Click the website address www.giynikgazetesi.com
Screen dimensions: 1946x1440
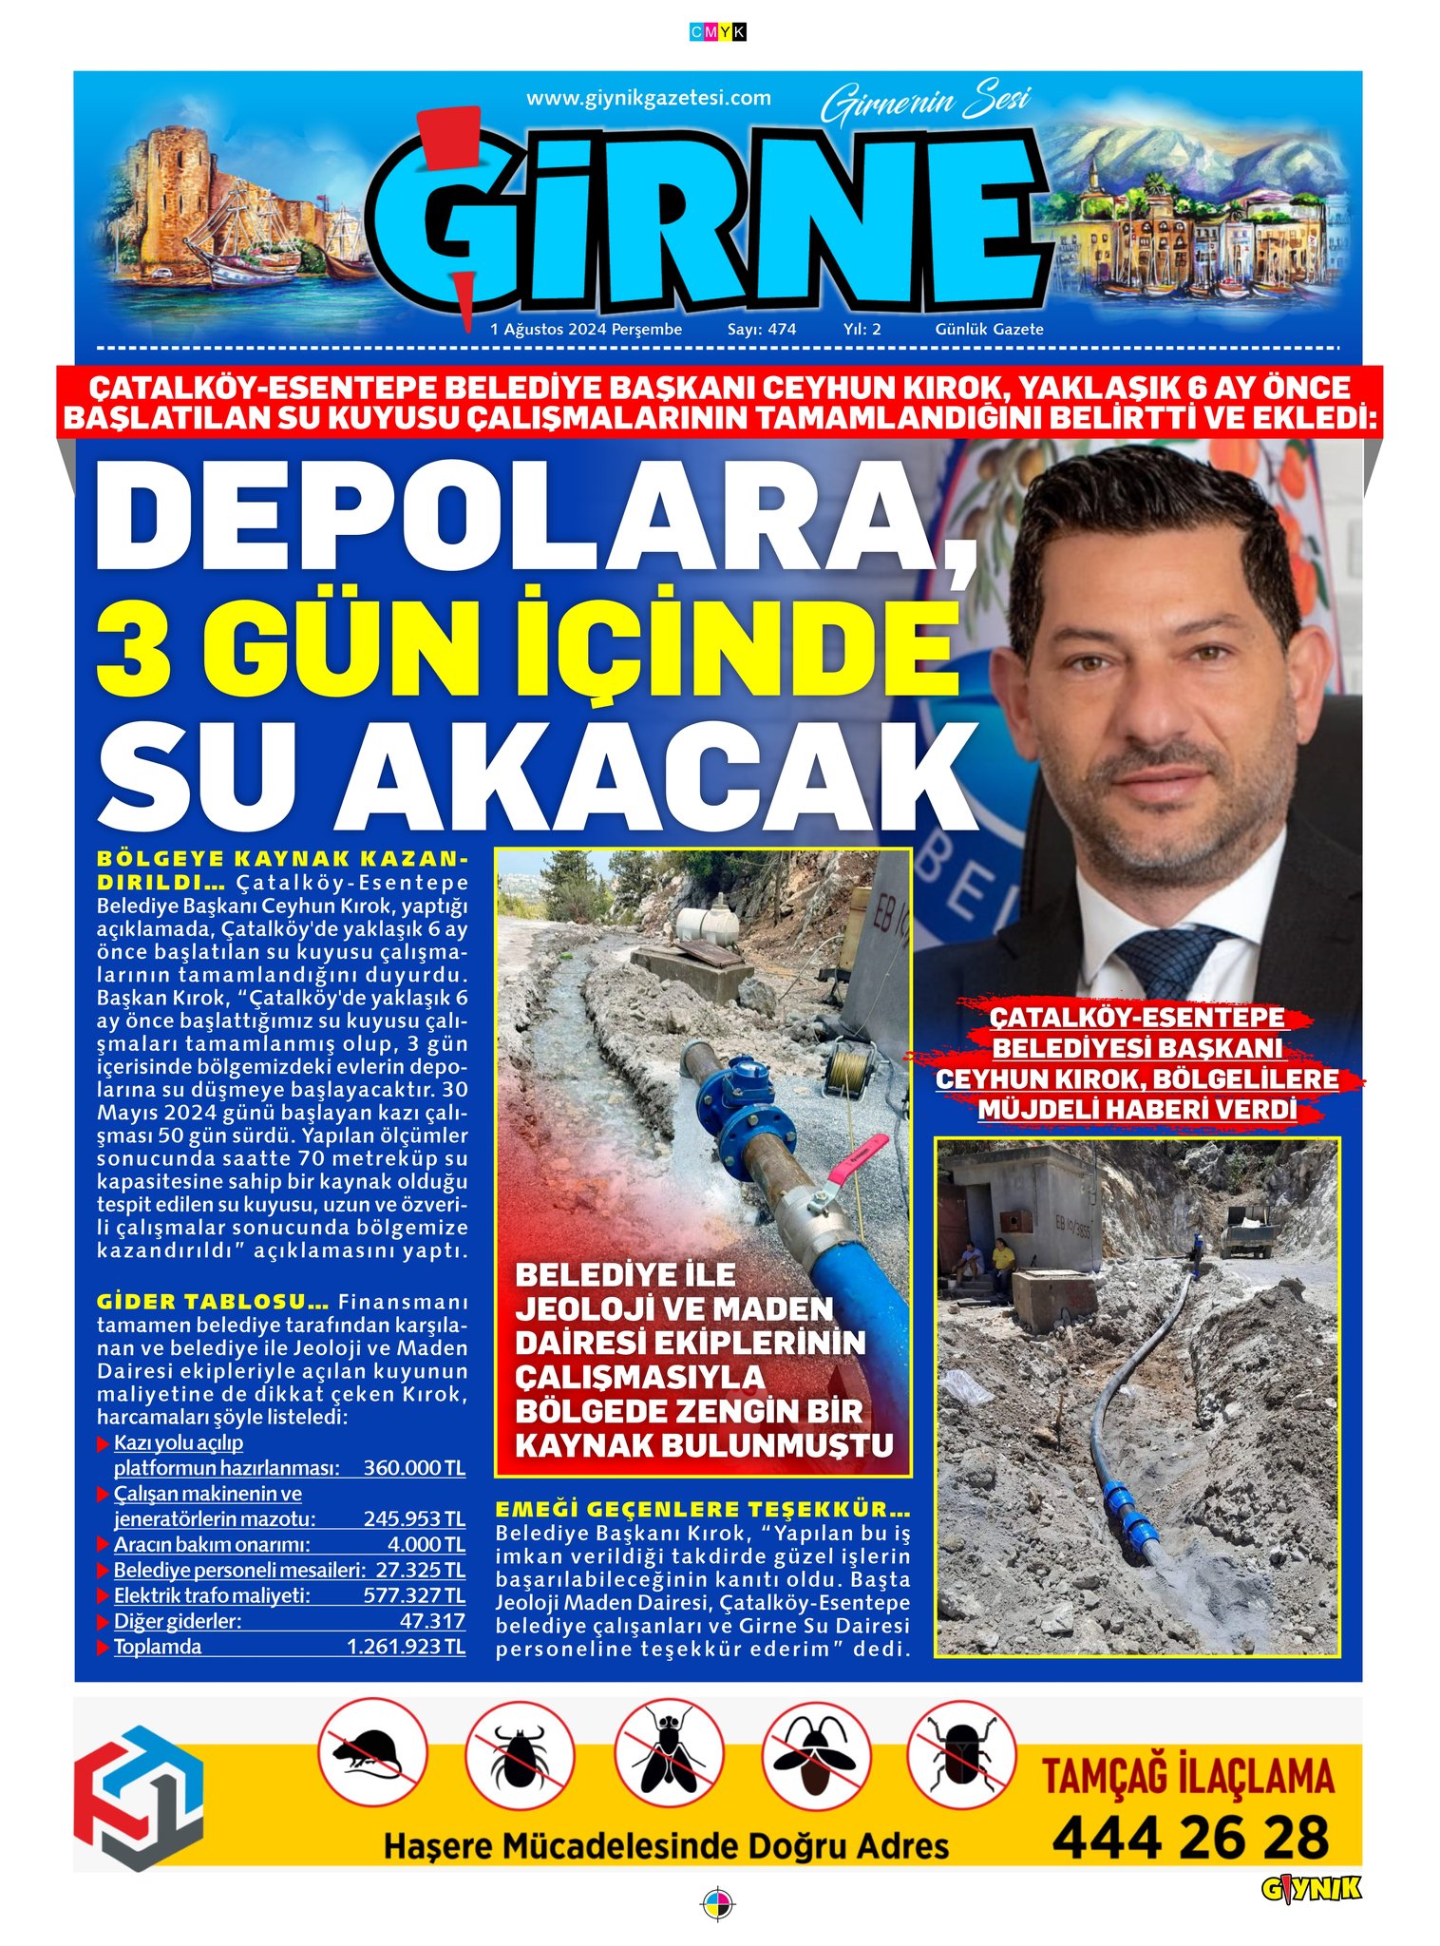pyautogui.click(x=648, y=98)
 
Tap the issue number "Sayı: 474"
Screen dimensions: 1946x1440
pyautogui.click(x=761, y=330)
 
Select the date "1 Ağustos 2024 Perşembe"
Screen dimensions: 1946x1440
pyautogui.click(x=586, y=330)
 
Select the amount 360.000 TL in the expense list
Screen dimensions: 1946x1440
pyautogui.click(x=414, y=1468)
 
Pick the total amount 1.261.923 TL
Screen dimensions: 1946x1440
pyautogui.click(x=406, y=1647)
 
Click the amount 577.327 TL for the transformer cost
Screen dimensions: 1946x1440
pyautogui.click(x=414, y=1595)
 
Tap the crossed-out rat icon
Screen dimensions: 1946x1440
pyautogui.click(x=371, y=1754)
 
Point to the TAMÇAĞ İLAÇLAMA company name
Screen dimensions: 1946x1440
pyautogui.click(x=1188, y=1777)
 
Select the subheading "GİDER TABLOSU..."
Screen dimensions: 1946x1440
pyautogui.click(x=213, y=1302)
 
